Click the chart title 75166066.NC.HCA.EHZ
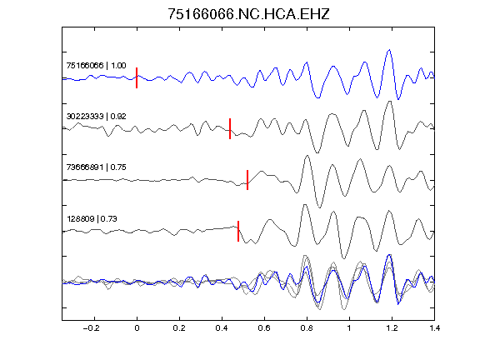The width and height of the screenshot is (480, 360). [x=248, y=14]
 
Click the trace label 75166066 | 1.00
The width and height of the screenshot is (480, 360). [x=96, y=66]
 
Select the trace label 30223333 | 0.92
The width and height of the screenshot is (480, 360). [x=96, y=117]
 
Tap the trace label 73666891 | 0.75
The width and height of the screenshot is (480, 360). [x=96, y=167]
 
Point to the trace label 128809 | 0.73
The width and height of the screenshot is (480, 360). [x=92, y=219]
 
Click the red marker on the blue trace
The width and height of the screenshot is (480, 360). [x=137, y=77]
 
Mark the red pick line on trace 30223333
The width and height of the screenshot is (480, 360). [x=230, y=128]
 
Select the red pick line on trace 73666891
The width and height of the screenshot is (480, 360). [x=247, y=180]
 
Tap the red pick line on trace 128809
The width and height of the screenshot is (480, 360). [x=238, y=231]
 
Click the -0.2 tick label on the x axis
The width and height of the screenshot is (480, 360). [x=91, y=328]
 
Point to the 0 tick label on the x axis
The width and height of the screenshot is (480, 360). [x=137, y=328]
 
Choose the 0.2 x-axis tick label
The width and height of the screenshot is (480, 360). [x=179, y=328]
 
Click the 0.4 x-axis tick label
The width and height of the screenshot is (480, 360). [x=222, y=328]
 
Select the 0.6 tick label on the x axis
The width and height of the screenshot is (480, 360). [x=264, y=328]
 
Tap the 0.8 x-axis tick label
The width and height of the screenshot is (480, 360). [x=307, y=328]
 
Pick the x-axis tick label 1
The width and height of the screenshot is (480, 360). [x=349, y=328]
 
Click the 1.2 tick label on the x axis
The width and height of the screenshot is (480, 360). [x=392, y=328]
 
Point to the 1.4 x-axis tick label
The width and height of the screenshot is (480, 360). [x=434, y=328]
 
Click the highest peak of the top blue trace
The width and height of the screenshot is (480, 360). [x=389, y=50]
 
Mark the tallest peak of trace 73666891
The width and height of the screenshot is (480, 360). [x=307, y=156]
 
